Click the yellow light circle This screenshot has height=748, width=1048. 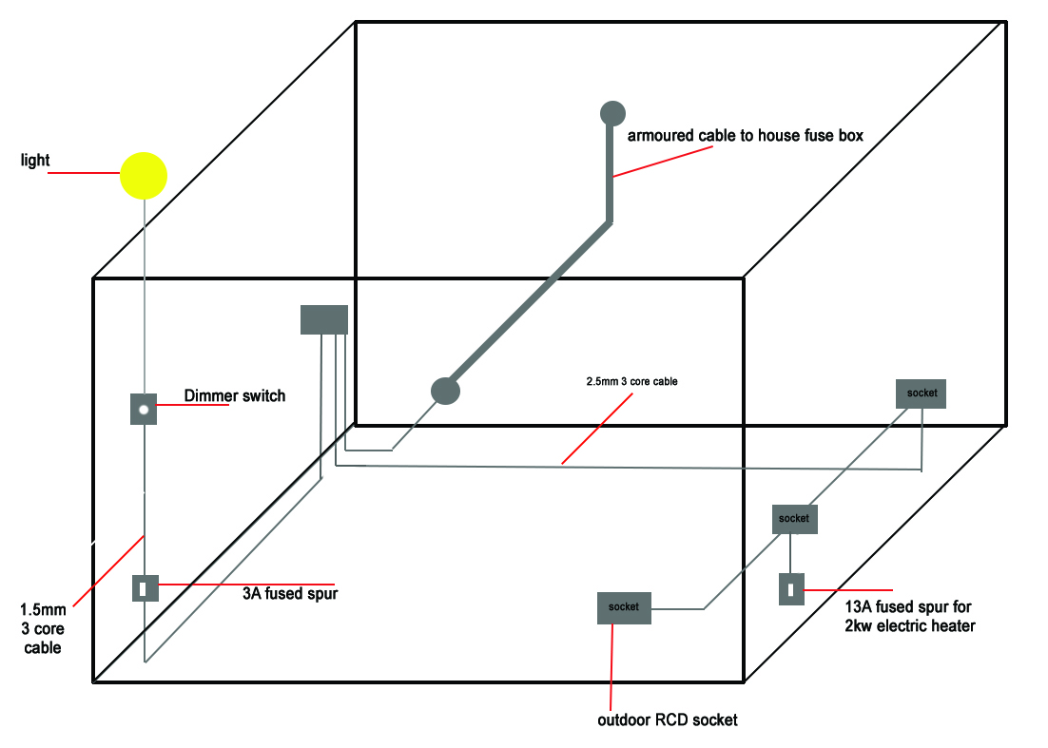pyautogui.click(x=144, y=176)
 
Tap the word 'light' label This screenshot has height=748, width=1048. pyautogui.click(x=35, y=161)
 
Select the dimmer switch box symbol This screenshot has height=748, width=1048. pyautogui.click(x=143, y=410)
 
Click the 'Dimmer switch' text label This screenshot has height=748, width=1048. pyautogui.click(x=234, y=395)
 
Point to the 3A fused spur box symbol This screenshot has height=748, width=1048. pyautogui.click(x=145, y=589)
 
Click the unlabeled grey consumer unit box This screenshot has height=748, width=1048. pyautogui.click(x=324, y=319)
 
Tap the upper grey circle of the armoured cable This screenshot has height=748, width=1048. pyautogui.click(x=612, y=113)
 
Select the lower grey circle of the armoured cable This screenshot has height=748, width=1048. pyautogui.click(x=445, y=390)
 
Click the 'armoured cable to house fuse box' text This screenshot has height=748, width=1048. pyautogui.click(x=745, y=136)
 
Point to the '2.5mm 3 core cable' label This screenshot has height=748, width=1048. pyautogui.click(x=631, y=381)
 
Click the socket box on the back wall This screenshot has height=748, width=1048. pyautogui.click(x=922, y=393)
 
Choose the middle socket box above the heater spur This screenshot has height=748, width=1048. pyautogui.click(x=794, y=519)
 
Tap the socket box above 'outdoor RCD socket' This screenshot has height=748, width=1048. pyautogui.click(x=624, y=607)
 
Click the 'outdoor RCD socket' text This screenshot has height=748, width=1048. pyautogui.click(x=667, y=719)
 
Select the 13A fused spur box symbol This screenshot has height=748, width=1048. pyautogui.click(x=791, y=589)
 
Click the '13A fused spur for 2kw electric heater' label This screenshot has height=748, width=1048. pyautogui.click(x=909, y=616)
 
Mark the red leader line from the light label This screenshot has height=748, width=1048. pyautogui.click(x=84, y=173)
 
